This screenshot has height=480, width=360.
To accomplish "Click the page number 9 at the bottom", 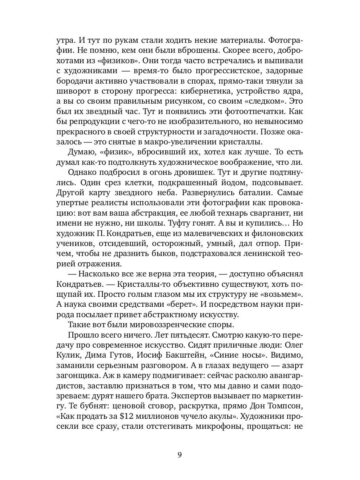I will coord(180,454).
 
